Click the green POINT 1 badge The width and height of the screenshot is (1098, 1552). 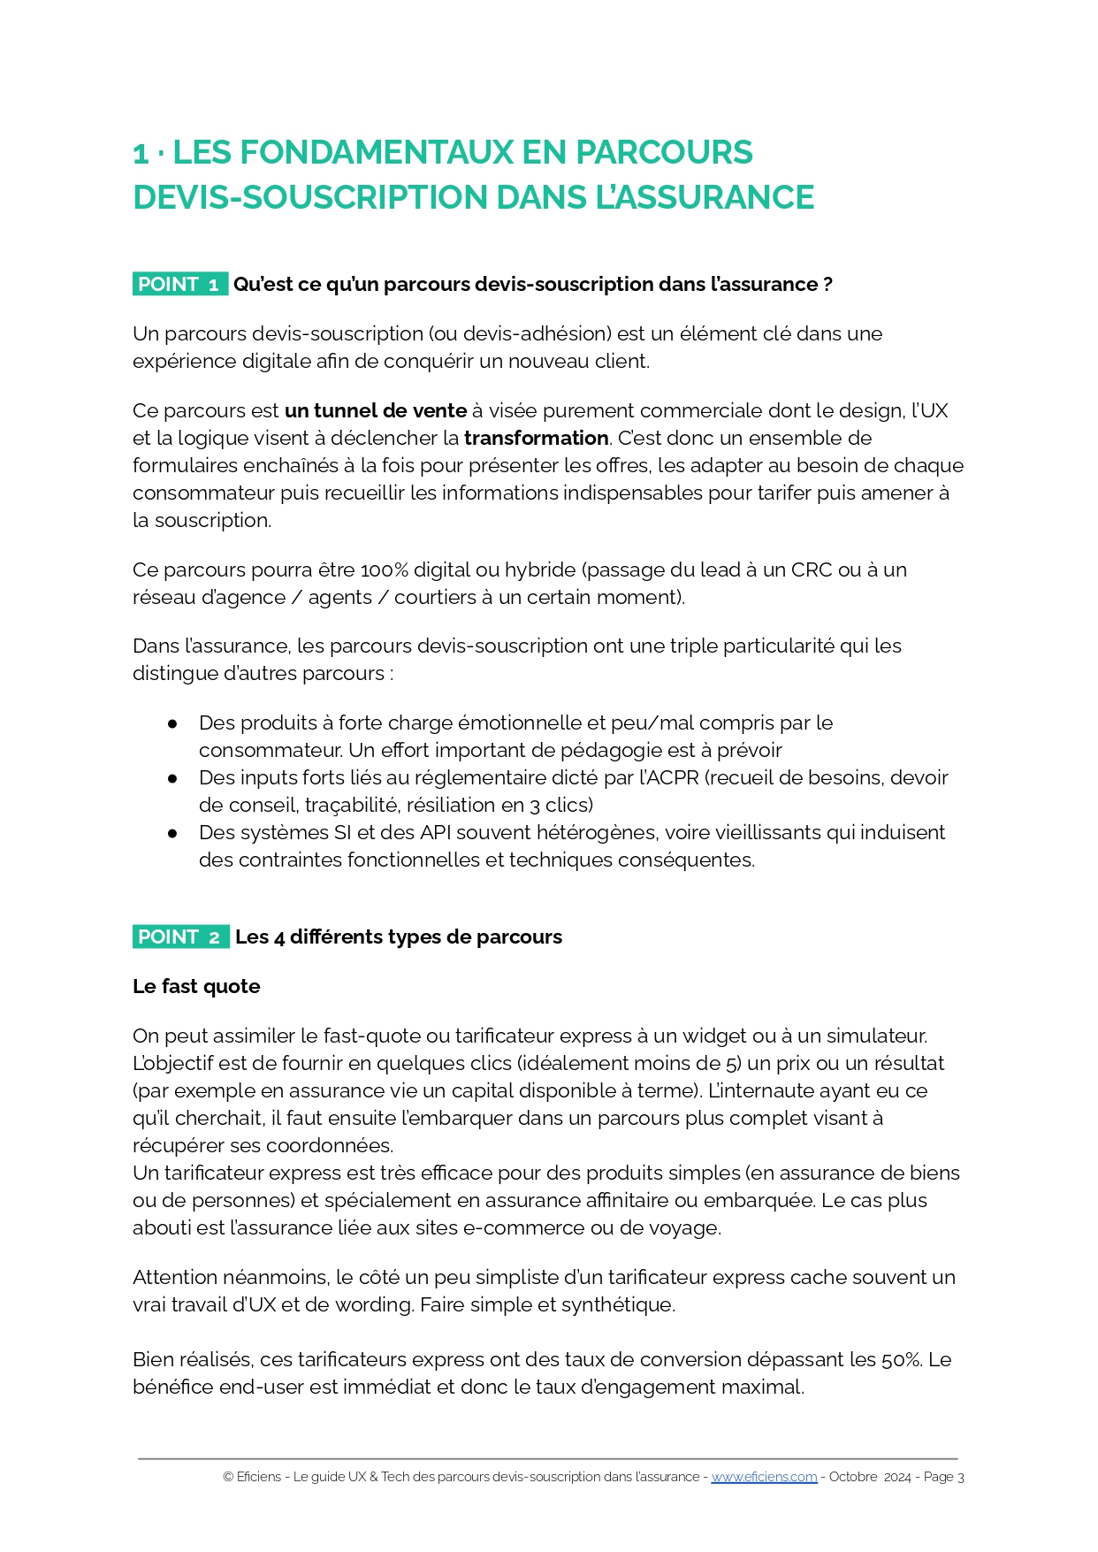click(x=179, y=284)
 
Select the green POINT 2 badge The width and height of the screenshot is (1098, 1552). click(x=180, y=937)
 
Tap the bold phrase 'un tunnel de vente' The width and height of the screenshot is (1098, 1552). click(x=376, y=410)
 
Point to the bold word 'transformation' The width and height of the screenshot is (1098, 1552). click(x=536, y=438)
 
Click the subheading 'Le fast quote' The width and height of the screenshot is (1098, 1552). click(x=196, y=986)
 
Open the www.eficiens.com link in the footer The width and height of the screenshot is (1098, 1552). click(x=764, y=1477)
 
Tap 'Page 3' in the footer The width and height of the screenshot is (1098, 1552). click(x=943, y=1477)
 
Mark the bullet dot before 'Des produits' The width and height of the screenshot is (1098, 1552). click(x=172, y=723)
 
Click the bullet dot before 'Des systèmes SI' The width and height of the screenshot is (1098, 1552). click(x=172, y=833)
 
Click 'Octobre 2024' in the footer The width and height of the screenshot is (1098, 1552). click(x=869, y=1477)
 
